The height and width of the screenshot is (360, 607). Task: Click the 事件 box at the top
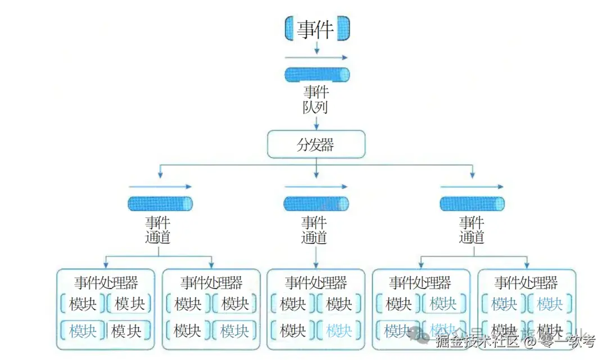point(317,29)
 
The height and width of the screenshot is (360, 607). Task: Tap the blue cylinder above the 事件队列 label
point(317,75)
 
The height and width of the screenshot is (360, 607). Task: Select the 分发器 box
point(316,145)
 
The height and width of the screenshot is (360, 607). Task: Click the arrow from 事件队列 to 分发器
point(317,122)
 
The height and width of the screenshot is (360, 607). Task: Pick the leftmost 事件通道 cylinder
point(160,203)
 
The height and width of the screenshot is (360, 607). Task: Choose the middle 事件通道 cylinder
point(316,203)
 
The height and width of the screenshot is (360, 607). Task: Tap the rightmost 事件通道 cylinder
point(472,203)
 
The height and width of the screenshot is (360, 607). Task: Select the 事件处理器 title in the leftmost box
point(106,282)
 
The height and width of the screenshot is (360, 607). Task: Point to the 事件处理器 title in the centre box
point(316,282)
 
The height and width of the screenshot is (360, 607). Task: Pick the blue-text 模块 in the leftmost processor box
point(83,331)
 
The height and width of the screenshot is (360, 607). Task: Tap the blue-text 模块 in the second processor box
point(235,331)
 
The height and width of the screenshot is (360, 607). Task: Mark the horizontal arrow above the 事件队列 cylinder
point(316,57)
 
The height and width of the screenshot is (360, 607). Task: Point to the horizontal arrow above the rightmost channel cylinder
point(472,186)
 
